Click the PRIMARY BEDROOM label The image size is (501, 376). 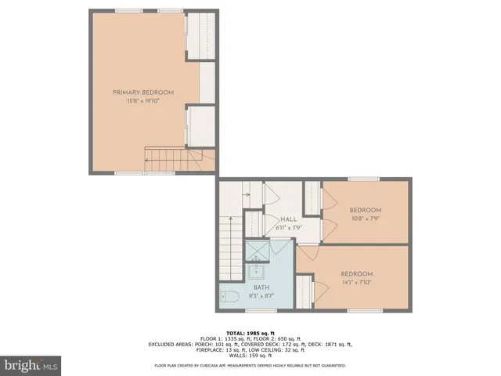coord(143,92)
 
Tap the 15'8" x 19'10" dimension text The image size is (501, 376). coord(143,101)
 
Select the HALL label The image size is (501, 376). coord(287,219)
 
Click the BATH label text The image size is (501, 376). coord(261,287)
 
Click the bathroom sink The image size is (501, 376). coord(258,272)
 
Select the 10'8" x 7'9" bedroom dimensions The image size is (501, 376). coord(365,219)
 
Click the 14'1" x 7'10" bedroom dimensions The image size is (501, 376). coord(355,283)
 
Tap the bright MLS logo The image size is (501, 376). coord(31,365)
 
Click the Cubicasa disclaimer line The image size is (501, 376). coord(250,365)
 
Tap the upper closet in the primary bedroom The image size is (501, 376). coord(200,35)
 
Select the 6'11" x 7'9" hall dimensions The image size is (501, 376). coord(287,228)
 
